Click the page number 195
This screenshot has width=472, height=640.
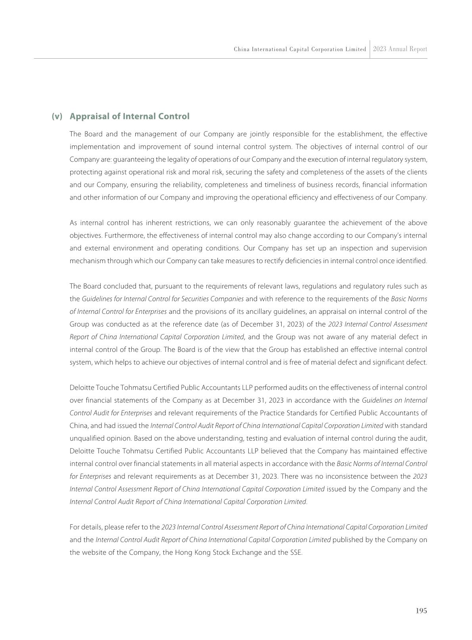(x=421, y=611)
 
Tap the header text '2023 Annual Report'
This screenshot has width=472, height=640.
(x=400, y=49)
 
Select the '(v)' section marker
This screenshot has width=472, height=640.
(x=57, y=116)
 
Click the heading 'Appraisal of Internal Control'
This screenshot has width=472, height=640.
(x=129, y=116)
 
